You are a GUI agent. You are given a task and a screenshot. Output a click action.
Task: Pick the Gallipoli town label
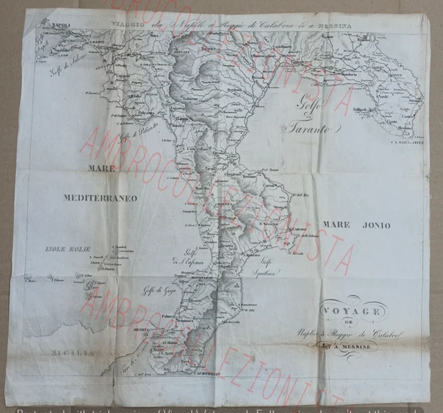tap(362, 110)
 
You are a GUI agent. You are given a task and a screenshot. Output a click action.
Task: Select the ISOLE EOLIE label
tap(64, 248)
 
